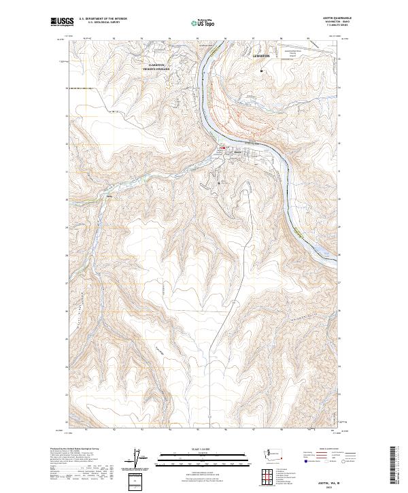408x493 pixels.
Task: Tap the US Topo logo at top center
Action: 205,23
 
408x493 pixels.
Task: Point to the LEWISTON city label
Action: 261,56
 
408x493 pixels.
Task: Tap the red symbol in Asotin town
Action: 222,148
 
